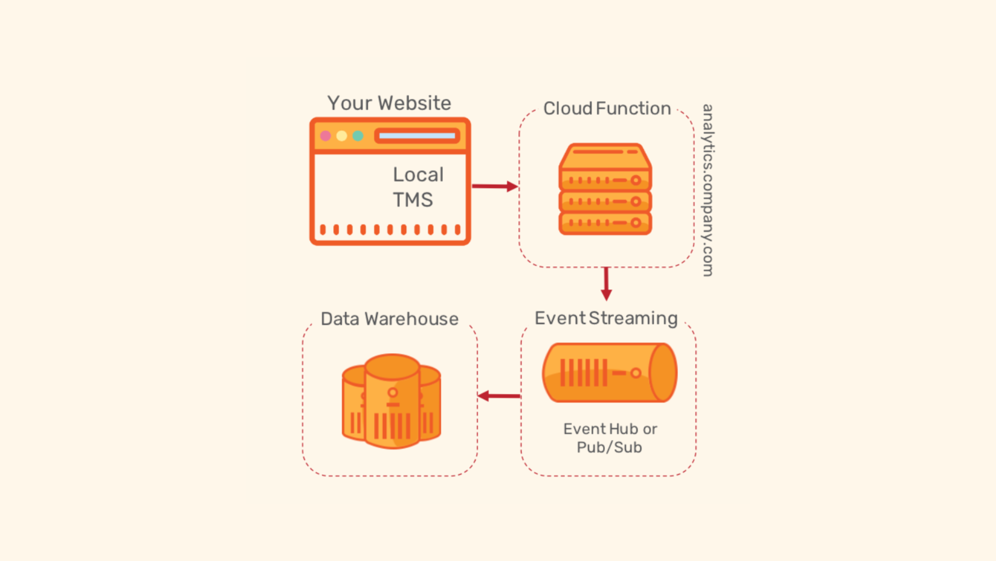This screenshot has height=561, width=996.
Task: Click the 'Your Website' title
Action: click(x=389, y=103)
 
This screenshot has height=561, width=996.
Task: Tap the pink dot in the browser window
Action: click(x=326, y=136)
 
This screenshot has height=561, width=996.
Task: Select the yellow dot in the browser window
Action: click(x=342, y=136)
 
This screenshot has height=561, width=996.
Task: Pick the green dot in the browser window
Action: click(x=358, y=136)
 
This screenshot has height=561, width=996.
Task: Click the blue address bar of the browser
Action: click(x=417, y=136)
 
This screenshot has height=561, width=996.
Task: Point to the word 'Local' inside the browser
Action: click(x=418, y=175)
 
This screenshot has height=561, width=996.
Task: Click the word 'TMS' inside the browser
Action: click(x=413, y=200)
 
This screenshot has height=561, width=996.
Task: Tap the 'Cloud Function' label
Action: click(x=607, y=108)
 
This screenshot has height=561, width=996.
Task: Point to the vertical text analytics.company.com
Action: click(x=708, y=190)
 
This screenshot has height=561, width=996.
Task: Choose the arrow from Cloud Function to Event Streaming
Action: click(x=606, y=284)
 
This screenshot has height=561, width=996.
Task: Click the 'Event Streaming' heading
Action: click(x=606, y=318)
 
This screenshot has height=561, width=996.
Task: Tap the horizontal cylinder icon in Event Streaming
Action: click(x=610, y=372)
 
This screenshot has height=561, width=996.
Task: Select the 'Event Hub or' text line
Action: click(x=610, y=429)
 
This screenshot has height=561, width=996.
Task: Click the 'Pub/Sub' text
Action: click(x=610, y=447)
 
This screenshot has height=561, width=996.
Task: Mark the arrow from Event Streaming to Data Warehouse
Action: click(x=499, y=396)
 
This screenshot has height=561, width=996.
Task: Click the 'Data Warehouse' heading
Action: click(x=390, y=319)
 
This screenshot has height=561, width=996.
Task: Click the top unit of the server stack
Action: click(x=605, y=157)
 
